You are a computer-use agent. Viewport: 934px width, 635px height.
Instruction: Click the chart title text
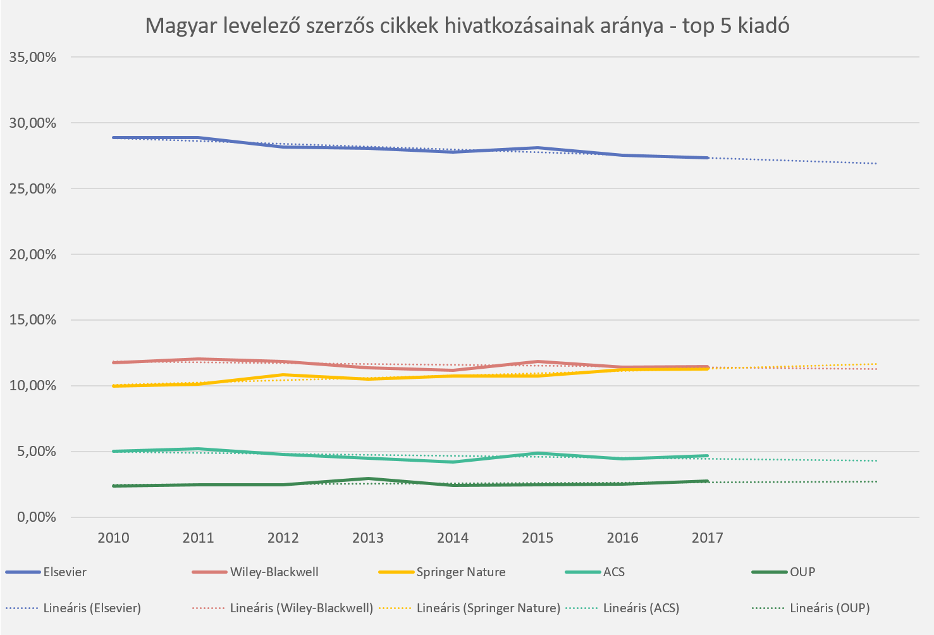[x=467, y=26]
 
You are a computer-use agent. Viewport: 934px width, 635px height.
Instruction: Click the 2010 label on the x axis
[x=113, y=538]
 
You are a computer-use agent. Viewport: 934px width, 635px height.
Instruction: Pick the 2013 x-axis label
[x=368, y=538]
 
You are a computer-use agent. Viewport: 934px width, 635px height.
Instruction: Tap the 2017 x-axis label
[x=707, y=538]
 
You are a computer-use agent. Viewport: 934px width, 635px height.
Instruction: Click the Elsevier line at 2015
[x=538, y=148]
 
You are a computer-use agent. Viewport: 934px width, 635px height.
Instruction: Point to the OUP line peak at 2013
[x=368, y=479]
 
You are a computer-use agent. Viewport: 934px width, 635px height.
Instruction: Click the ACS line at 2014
[x=453, y=462]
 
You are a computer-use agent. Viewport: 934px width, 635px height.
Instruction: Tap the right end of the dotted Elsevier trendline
[x=876, y=164]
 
